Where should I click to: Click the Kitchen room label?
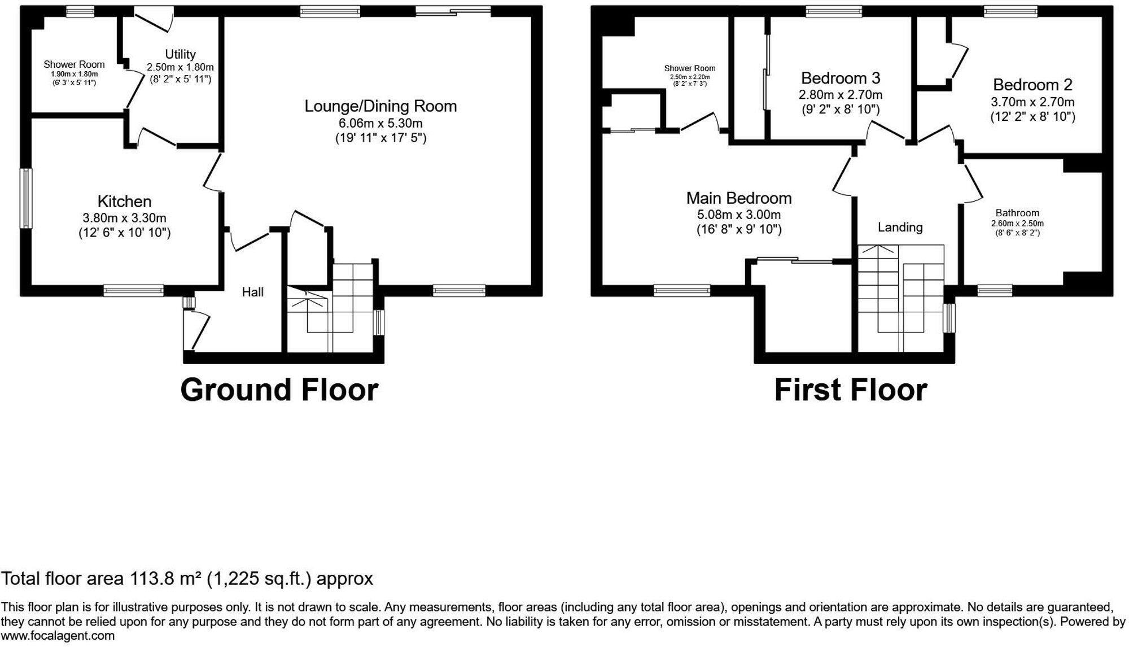[124, 202]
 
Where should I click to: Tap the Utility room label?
[180, 54]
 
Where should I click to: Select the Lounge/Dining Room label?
[380, 106]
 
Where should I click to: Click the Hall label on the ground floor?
[253, 292]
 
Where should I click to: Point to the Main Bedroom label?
[739, 198]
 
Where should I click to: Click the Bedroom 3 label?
[841, 78]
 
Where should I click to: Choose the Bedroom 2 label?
[1032, 85]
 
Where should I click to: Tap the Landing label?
[900, 228]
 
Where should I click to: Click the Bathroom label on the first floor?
[1017, 213]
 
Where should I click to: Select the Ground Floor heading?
[279, 390]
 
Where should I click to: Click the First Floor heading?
[851, 390]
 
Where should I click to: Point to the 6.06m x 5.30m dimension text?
[380, 123]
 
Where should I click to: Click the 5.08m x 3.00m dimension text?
[739, 215]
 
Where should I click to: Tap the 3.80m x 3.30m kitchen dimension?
[124, 218]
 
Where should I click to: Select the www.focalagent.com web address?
[58, 636]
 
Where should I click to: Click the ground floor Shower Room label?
[74, 64]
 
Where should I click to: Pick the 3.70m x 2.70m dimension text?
[1032, 102]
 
